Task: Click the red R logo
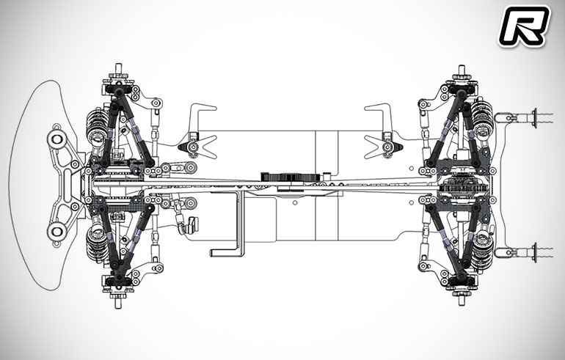524,26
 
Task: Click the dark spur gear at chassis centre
290,177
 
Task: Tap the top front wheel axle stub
118,69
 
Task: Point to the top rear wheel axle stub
462,70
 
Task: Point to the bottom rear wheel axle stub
462,300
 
